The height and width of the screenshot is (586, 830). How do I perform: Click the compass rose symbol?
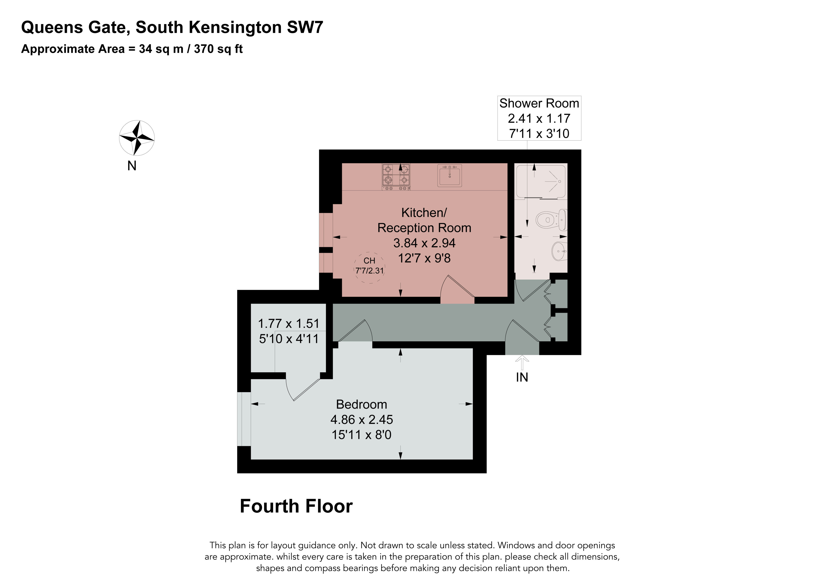[137, 138]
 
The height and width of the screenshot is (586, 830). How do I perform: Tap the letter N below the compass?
[132, 166]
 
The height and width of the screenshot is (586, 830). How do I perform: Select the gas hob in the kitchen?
[396, 177]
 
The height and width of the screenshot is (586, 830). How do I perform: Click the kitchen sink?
[450, 176]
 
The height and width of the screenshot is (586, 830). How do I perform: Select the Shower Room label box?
[539, 118]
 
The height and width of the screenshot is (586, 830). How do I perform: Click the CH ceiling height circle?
[369, 268]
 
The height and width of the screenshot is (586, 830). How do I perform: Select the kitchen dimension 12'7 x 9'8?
[424, 258]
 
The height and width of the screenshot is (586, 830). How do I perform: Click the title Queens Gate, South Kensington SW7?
[172, 27]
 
